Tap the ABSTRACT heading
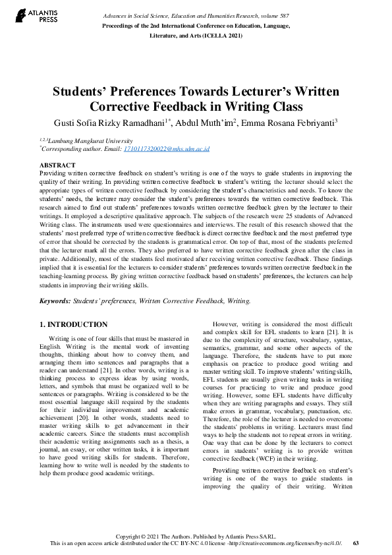[57, 165]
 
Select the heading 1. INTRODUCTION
[73, 324]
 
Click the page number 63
[356, 543]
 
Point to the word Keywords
[55, 301]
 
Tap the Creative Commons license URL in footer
[287, 543]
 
